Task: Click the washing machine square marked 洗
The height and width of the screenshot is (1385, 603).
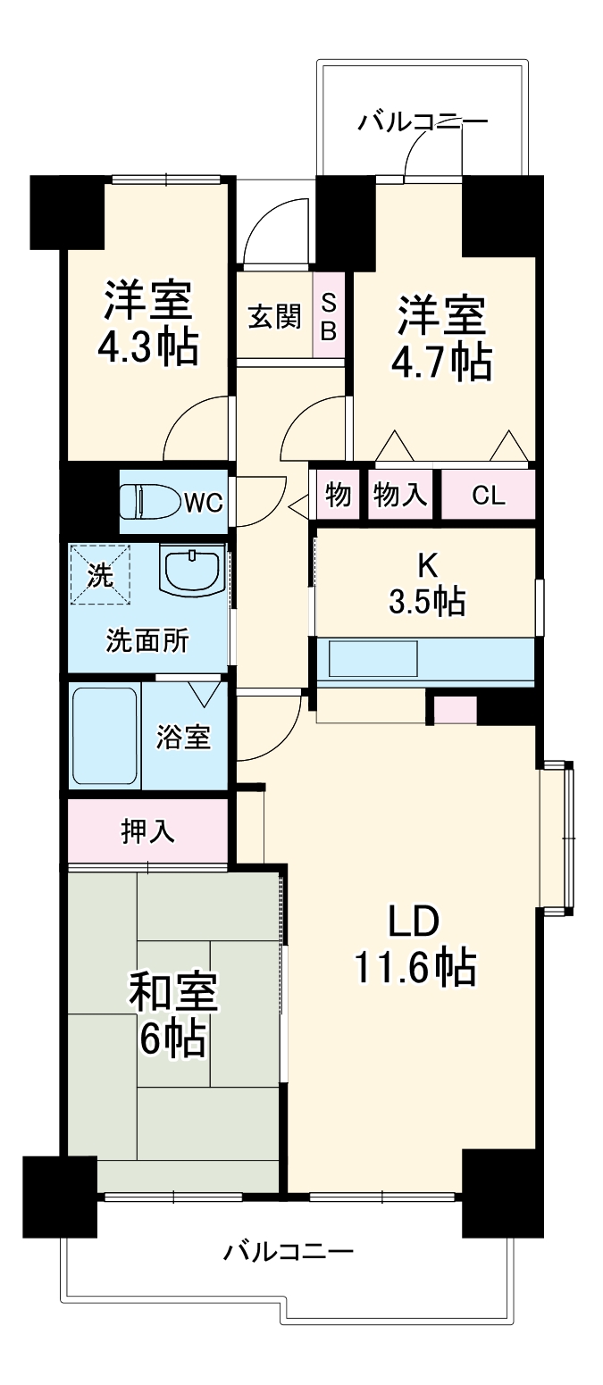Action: tap(100, 574)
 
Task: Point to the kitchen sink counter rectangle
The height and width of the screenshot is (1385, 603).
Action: tap(373, 659)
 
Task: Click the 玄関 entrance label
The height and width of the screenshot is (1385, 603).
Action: tap(274, 316)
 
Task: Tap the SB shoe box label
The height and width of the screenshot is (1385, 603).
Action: tap(329, 316)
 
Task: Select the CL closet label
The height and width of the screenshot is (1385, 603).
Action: tap(489, 496)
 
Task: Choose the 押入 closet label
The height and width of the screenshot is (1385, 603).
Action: tap(148, 831)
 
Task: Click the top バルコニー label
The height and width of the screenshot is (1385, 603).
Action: tap(423, 122)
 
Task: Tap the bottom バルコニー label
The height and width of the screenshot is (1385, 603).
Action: tap(289, 1251)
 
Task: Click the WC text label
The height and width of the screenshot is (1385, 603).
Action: tap(203, 503)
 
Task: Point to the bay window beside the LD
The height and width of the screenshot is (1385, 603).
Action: tap(557, 837)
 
